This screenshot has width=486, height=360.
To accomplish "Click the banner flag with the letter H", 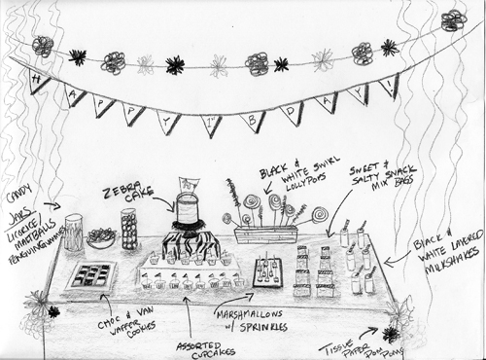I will [40, 83].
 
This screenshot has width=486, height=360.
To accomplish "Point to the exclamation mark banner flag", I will [389, 86].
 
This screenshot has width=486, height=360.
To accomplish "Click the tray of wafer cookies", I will [94, 275].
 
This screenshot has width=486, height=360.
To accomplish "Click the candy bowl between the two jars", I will [101, 236].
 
